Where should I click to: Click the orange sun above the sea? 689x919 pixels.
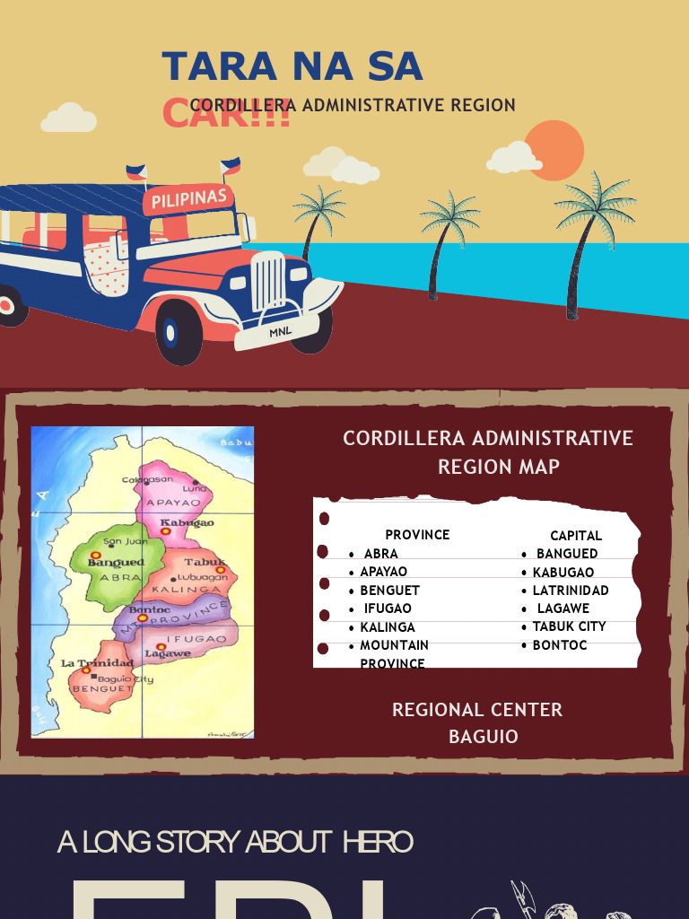[554, 151]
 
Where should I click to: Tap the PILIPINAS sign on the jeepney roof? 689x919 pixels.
[188, 198]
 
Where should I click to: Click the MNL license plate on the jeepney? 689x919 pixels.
[281, 333]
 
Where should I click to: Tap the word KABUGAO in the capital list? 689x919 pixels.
[563, 573]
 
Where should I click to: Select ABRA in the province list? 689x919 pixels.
[381, 554]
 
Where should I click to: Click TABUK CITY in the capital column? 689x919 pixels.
[569, 626]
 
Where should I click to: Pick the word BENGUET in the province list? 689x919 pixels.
[389, 591]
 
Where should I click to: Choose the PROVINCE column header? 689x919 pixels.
[417, 535]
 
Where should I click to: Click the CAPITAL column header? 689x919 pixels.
[576, 536]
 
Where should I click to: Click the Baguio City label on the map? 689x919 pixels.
[126, 679]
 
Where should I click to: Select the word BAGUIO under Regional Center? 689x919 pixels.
[484, 737]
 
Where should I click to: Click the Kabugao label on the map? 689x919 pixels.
[187, 522]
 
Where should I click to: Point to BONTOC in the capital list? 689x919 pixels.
[560, 645]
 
